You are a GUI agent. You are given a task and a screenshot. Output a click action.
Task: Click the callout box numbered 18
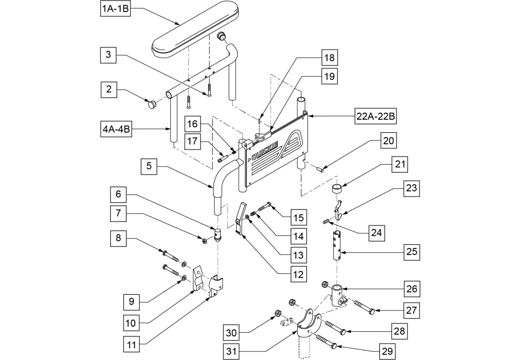click(329, 58)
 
